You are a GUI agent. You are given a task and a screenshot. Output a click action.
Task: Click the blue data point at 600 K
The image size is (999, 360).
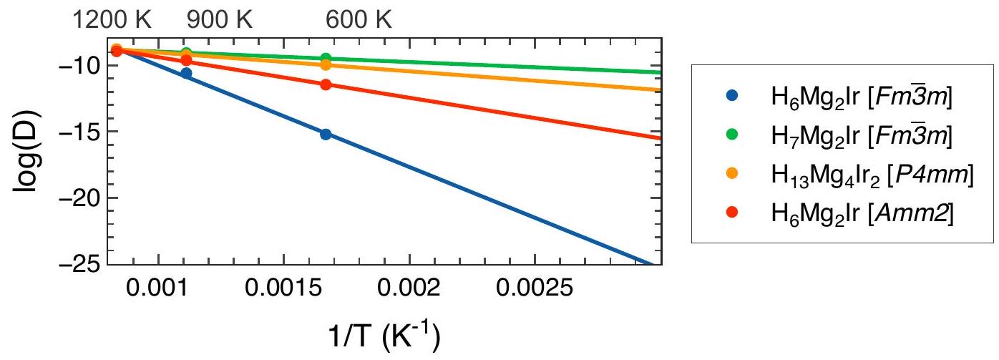point(326,134)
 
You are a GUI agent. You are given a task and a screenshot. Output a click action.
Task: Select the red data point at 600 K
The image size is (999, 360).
point(326,84)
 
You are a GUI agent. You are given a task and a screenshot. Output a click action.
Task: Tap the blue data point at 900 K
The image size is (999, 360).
point(186,73)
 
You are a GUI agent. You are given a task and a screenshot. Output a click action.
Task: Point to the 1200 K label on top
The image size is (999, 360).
point(116,21)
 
